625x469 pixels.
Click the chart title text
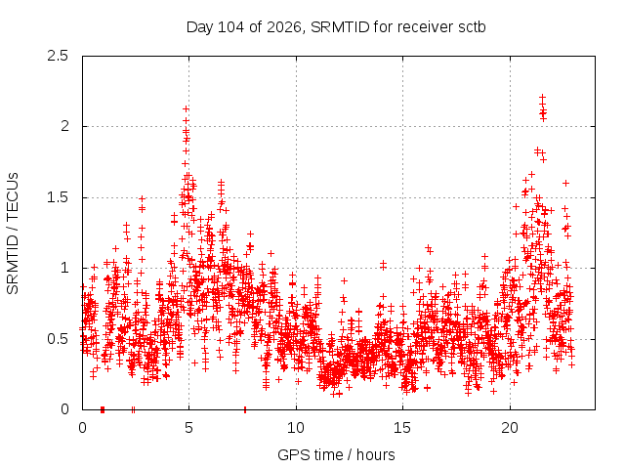point(336,27)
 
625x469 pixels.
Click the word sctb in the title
point(472,27)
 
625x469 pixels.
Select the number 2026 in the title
point(283,27)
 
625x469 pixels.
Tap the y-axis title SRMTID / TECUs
point(13,234)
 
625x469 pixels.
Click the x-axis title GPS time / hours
point(336,454)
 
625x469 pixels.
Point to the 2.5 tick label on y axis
point(58,56)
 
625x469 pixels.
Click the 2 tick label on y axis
point(64,126)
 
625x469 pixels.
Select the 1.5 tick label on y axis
point(58,197)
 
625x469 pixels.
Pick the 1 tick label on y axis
point(65,268)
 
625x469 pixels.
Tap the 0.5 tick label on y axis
point(58,339)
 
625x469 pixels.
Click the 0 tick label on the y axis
point(64,409)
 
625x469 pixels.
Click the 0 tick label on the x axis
point(82,428)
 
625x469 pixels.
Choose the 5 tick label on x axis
point(188,428)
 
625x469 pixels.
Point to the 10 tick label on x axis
point(296,428)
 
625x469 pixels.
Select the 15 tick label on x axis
point(402,428)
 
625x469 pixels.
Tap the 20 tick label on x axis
point(510,428)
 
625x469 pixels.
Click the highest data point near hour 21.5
point(542,97)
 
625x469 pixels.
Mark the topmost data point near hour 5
point(186,108)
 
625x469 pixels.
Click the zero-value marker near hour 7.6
point(245,409)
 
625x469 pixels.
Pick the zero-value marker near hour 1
point(103,409)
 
